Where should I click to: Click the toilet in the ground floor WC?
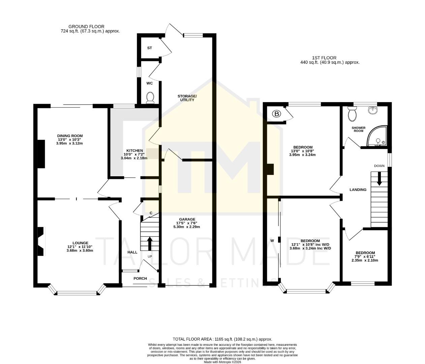pyautogui.click(x=150, y=97)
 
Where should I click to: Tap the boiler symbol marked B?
pyautogui.click(x=277, y=114)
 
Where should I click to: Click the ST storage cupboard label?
pyautogui.click(x=150, y=48)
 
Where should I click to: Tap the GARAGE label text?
pyautogui.click(x=187, y=219)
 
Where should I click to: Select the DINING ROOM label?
pyautogui.click(x=70, y=136)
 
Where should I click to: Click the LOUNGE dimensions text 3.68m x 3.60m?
pyautogui.click(x=80, y=250)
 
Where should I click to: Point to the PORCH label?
pyautogui.click(x=140, y=278)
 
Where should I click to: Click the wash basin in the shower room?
pyautogui.click(x=373, y=110)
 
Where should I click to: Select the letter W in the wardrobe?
pyautogui.click(x=272, y=241)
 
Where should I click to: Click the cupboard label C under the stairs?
pyautogui.click(x=151, y=213)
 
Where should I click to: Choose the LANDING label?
pyautogui.click(x=358, y=190)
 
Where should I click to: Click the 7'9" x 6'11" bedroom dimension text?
pyautogui.click(x=365, y=256)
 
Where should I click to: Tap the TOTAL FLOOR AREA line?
pyautogui.click(x=222, y=339)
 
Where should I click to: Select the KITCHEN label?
pyautogui.click(x=134, y=151)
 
